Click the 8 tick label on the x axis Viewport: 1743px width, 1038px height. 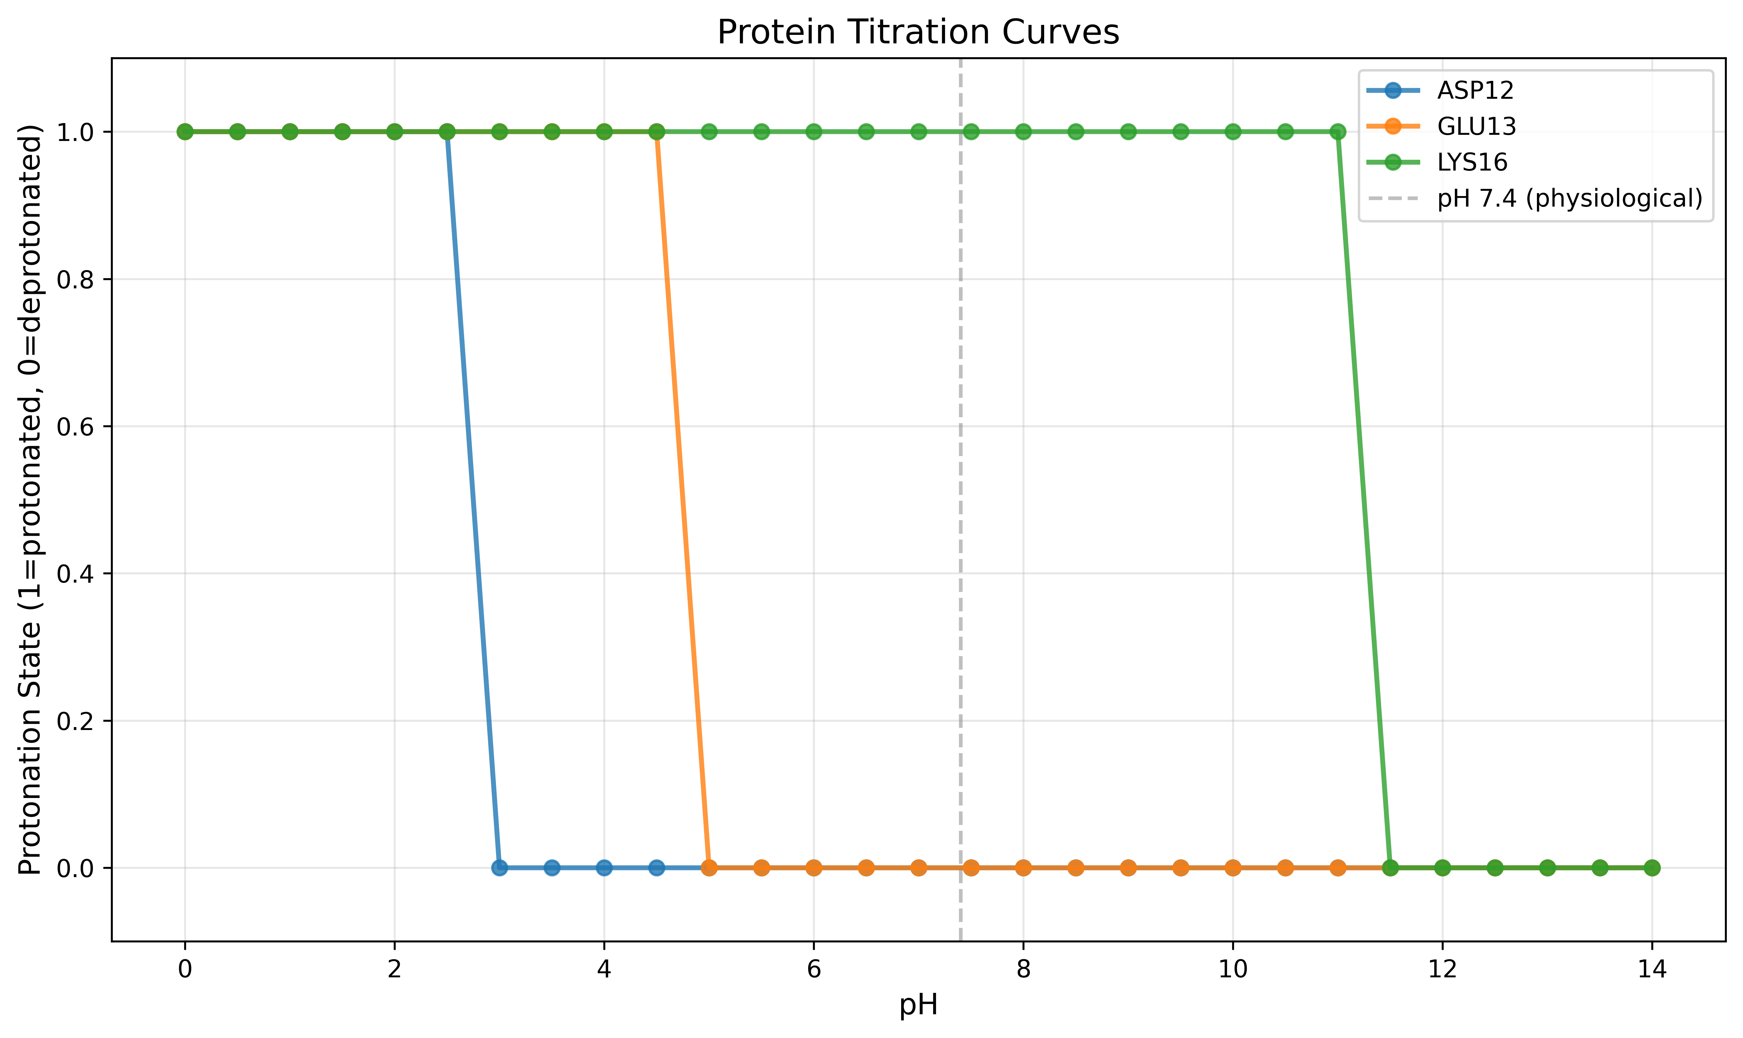pos(1023,969)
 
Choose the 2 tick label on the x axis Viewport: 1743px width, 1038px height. pos(395,969)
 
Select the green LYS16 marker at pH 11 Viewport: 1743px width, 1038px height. pos(1337,132)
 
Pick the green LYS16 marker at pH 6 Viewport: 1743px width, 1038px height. pos(813,132)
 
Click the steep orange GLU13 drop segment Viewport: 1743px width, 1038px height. pos(683,499)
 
